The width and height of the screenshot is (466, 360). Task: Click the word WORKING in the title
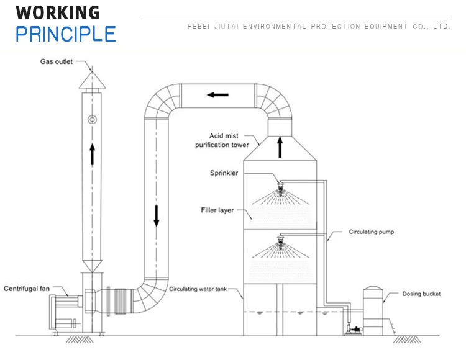point(57,12)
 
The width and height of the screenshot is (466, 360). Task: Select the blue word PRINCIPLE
point(66,34)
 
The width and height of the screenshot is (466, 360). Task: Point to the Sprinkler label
point(224,173)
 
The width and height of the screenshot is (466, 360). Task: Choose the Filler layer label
point(217,210)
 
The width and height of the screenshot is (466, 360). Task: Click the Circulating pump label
point(372,232)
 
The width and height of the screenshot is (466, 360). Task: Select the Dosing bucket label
point(421,294)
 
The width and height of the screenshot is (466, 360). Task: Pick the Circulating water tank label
point(203,289)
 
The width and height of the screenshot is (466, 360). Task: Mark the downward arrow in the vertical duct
point(157,214)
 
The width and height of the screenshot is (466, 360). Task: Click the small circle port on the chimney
point(92,119)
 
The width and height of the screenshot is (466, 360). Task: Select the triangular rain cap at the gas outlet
point(92,79)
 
